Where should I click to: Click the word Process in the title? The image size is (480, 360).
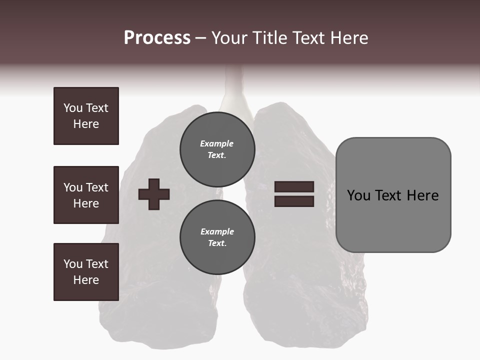(x=157, y=38)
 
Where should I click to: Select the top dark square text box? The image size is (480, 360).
(x=86, y=116)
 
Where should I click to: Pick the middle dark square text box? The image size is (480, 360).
(x=86, y=195)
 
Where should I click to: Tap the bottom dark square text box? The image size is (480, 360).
(x=86, y=272)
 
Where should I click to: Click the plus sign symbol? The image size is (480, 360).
(x=154, y=194)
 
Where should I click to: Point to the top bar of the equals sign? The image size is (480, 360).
(x=294, y=186)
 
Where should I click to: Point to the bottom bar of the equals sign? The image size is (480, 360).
(x=294, y=201)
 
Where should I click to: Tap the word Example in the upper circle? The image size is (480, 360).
(x=217, y=143)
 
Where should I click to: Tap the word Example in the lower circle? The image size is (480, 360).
(x=217, y=231)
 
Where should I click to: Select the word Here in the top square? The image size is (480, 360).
(x=86, y=124)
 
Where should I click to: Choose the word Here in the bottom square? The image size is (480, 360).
(x=86, y=280)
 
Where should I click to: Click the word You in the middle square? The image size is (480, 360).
(x=72, y=187)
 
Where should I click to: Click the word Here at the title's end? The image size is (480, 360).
(x=349, y=38)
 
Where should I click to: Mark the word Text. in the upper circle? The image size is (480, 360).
(x=217, y=155)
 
